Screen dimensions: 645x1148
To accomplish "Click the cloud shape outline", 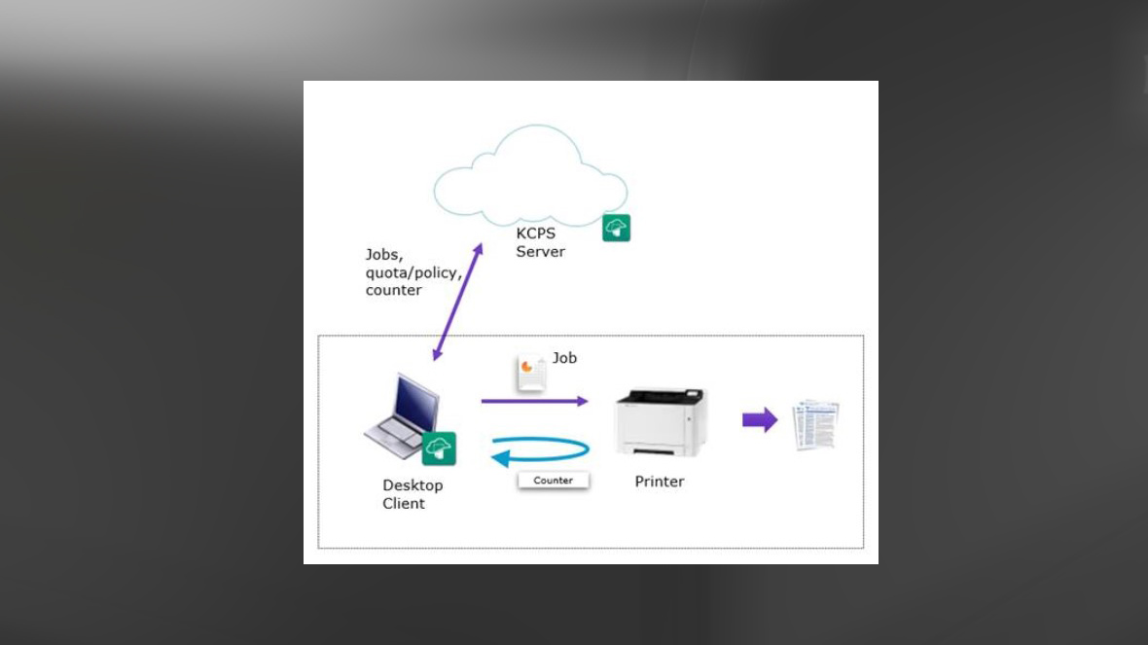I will point(530,174).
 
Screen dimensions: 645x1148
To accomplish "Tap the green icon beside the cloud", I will point(616,228).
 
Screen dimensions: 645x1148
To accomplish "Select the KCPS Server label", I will point(539,242).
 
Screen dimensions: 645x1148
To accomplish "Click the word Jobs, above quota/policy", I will point(384,255).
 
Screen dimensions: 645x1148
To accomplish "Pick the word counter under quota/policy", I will point(393,290).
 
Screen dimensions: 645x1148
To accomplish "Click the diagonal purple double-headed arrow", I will point(457,302).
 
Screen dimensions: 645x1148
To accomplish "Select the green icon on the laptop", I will point(439,448).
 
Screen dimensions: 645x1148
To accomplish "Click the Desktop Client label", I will point(412,494).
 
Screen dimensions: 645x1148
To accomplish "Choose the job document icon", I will point(531,373).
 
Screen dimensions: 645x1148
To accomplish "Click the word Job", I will point(564,358).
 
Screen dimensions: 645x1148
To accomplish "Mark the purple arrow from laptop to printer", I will point(534,401).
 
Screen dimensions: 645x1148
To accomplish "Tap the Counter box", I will point(553,481).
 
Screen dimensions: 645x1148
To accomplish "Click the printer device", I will point(662,422).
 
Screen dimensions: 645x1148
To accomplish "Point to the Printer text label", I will point(660,482).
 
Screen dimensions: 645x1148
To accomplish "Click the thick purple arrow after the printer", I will point(760,419).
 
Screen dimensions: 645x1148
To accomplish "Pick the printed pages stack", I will point(815,424).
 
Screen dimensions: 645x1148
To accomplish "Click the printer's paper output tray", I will point(659,450).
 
